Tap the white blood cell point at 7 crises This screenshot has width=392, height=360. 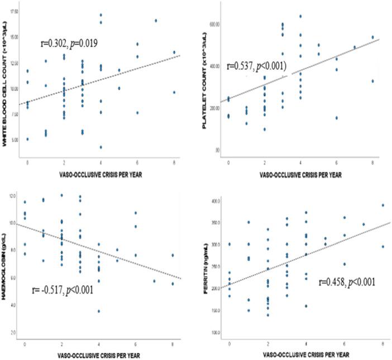[x=156, y=21]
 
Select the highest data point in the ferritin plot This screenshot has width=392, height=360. [x=383, y=205]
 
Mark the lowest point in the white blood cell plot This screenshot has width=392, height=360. [x=101, y=147]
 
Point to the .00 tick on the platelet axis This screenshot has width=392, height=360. [x=219, y=150]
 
